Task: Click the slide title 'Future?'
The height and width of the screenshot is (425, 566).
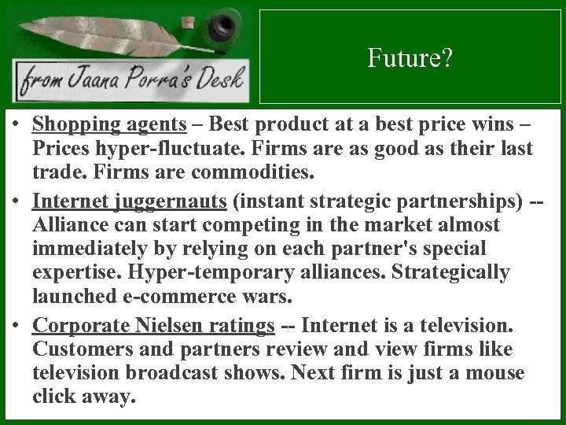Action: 410,58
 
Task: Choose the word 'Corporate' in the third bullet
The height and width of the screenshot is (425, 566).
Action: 78,324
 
